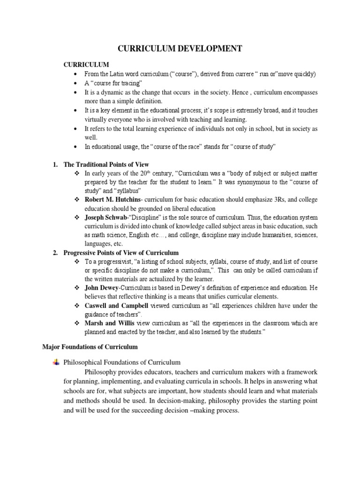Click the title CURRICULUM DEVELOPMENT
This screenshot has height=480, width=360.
(x=180, y=48)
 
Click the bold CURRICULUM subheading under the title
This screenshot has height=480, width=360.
(x=86, y=65)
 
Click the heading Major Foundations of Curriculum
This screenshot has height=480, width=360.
(x=90, y=347)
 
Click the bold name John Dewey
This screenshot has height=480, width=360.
(x=103, y=287)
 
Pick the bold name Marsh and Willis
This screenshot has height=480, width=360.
(x=109, y=323)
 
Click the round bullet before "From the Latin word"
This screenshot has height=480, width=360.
(x=76, y=75)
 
